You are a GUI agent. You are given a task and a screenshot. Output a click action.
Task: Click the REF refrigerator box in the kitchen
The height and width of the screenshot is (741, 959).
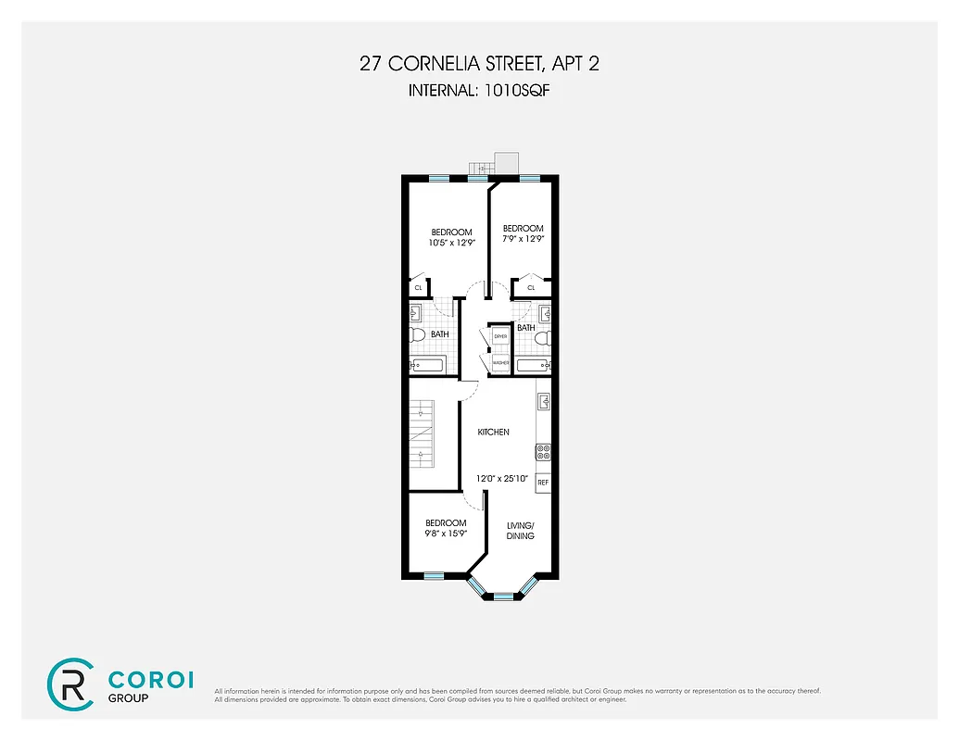[x=543, y=483]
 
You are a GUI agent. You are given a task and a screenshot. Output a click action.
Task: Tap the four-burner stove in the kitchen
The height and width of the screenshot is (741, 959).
[x=543, y=452]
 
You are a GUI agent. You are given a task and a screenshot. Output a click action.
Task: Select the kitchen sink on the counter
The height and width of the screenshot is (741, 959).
[x=544, y=402]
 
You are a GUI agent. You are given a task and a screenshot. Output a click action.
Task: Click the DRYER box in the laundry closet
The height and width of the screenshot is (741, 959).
[x=500, y=336]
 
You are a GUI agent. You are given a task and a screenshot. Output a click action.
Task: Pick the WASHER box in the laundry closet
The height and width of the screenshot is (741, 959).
[x=500, y=363]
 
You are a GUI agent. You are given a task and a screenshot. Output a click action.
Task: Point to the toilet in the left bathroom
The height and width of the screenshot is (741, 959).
[x=416, y=334]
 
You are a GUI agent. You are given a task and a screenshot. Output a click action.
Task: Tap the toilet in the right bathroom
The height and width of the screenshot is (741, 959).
[x=545, y=340]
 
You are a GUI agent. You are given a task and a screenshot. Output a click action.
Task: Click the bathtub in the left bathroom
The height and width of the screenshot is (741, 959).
[x=427, y=365]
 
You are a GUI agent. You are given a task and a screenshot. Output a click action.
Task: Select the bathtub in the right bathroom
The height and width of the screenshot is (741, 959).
[x=535, y=365]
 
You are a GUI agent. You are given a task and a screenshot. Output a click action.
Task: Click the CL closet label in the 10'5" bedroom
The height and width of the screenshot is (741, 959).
[x=418, y=288]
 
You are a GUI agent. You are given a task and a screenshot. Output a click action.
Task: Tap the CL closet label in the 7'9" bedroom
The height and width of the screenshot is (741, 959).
[x=531, y=288]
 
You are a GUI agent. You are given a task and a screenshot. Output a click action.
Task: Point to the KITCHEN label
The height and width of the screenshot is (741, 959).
[x=493, y=433]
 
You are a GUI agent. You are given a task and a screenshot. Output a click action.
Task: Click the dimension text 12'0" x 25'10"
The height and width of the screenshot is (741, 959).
[x=500, y=479]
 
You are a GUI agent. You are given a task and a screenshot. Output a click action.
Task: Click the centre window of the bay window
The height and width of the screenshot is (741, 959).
[x=503, y=596]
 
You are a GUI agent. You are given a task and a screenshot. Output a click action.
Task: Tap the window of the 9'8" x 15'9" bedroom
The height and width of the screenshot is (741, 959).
[x=434, y=576]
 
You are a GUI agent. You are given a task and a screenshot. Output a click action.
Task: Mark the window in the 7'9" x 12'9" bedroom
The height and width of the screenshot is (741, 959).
[x=529, y=177]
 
